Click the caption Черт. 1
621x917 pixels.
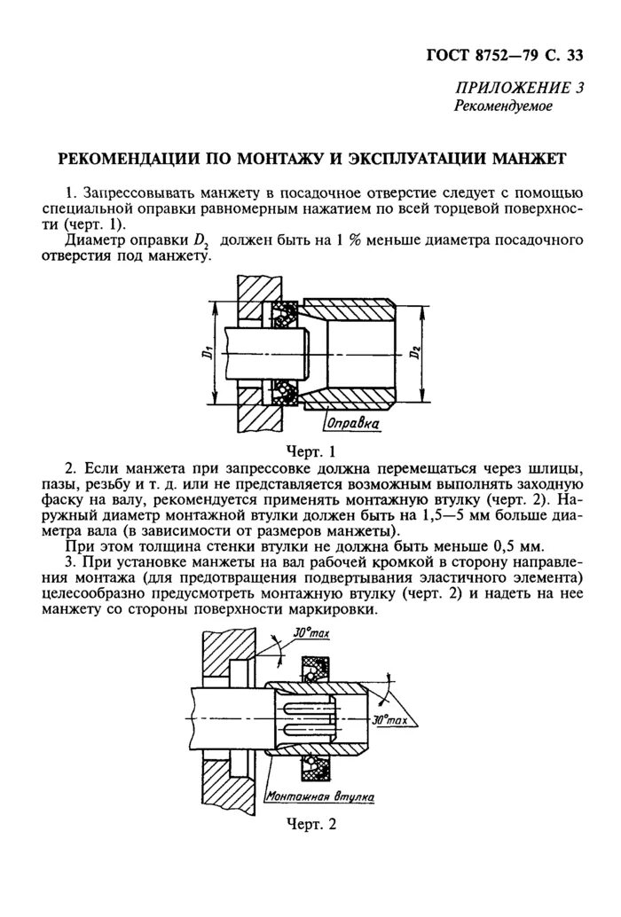click(x=310, y=451)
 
